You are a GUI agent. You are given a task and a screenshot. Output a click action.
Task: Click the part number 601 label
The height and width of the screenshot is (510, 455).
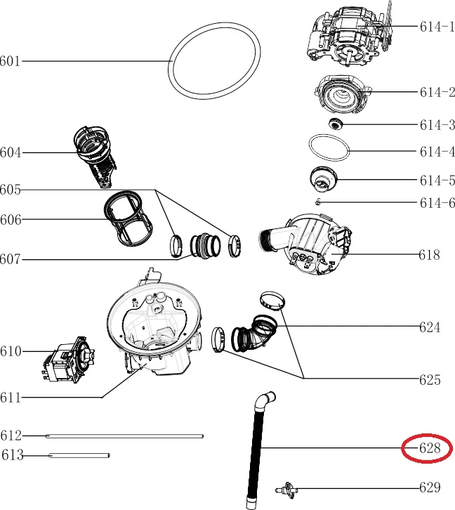click(x=10, y=61)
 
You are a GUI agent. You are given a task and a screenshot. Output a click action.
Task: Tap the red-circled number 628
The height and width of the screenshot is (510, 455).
click(x=430, y=448)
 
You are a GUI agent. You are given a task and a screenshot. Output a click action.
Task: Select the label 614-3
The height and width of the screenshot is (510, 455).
click(x=437, y=125)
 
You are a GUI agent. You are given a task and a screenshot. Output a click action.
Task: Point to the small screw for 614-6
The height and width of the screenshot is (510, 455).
click(x=318, y=202)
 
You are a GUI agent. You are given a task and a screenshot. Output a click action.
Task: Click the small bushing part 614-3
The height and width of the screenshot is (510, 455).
click(x=335, y=124)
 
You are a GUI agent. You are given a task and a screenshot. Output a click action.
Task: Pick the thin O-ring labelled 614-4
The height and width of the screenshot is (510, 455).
click(x=329, y=148)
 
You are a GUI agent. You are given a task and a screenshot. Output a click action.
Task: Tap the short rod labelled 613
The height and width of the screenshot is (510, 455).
click(x=79, y=455)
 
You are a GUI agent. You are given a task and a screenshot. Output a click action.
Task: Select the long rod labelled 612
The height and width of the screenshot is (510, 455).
click(x=124, y=436)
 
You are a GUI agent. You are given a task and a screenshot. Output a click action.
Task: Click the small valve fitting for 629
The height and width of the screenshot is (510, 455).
click(x=286, y=490)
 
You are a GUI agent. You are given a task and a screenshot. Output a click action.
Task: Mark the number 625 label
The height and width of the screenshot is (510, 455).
click(x=430, y=379)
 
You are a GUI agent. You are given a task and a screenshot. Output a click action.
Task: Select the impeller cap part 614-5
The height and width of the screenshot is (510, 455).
click(x=324, y=180)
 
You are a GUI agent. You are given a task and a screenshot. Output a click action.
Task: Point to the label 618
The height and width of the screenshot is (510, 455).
click(x=429, y=255)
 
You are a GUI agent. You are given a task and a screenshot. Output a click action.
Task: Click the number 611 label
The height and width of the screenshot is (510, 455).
click(x=11, y=398)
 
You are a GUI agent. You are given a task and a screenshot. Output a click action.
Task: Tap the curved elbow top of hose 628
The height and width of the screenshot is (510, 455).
click(x=265, y=401)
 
